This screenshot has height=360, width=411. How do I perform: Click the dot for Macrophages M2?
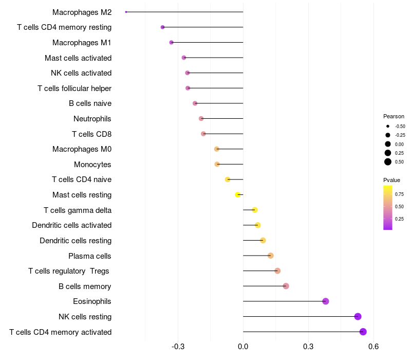pyautogui.click(x=126, y=12)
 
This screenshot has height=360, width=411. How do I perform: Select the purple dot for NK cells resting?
pyautogui.click(x=358, y=317)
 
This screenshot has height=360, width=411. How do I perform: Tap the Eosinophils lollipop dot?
pyautogui.click(x=326, y=301)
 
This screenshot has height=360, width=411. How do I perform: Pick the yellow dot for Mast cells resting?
pyautogui.click(x=238, y=195)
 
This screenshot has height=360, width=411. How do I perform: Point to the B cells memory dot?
pyautogui.click(x=286, y=286)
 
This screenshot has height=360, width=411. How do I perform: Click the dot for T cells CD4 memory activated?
pyautogui.click(x=363, y=332)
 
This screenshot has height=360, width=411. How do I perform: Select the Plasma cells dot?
pyautogui.click(x=271, y=256)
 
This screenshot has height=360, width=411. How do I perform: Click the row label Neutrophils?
pyautogui.click(x=92, y=119)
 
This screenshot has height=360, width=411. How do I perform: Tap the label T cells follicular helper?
pyautogui.click(x=74, y=88)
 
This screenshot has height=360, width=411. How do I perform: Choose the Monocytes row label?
pyautogui.click(x=92, y=165)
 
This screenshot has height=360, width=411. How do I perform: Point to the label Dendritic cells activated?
pyautogui.click(x=71, y=225)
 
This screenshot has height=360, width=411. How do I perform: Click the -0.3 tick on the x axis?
pyautogui.click(x=178, y=347)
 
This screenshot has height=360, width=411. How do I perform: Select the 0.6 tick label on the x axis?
pyautogui.click(x=373, y=347)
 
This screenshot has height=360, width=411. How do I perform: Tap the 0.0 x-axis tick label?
pyautogui.click(x=243, y=347)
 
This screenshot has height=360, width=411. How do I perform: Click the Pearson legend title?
pyautogui.click(x=394, y=116)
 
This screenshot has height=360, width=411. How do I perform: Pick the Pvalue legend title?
pyautogui.click(x=391, y=180)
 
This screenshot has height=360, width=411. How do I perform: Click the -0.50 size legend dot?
pyautogui.click(x=388, y=126)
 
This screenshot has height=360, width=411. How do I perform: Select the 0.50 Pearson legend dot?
pyautogui.click(x=388, y=162)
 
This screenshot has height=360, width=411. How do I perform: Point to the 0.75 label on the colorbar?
pyautogui.click(x=399, y=194)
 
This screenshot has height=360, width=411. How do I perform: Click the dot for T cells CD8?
pyautogui.click(x=203, y=134)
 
